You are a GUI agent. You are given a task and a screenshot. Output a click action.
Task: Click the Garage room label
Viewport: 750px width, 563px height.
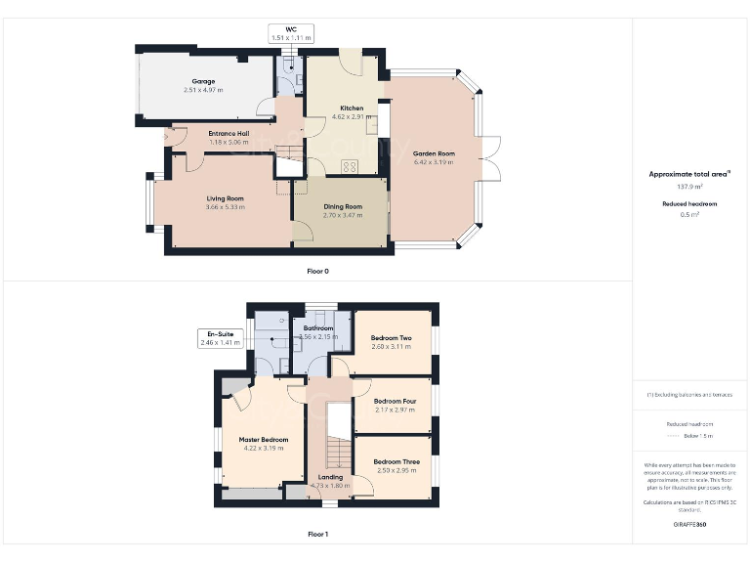[x=203, y=81]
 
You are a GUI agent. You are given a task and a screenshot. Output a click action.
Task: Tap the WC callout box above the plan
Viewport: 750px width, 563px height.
[x=290, y=33]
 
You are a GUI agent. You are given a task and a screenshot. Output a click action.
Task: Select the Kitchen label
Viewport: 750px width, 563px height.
[x=352, y=108]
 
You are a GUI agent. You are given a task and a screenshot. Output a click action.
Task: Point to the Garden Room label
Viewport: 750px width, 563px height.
[x=434, y=153]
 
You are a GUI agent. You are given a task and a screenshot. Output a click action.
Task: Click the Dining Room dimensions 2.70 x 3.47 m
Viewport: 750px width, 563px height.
[x=343, y=215]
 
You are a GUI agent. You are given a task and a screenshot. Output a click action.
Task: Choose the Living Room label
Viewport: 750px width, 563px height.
[x=225, y=198]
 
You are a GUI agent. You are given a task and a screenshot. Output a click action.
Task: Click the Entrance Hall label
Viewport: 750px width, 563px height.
[x=229, y=133]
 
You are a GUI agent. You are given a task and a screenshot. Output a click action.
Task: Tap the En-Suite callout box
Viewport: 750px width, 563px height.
[x=219, y=338]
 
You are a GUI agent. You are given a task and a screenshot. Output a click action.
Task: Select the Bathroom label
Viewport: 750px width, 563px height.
[x=318, y=328]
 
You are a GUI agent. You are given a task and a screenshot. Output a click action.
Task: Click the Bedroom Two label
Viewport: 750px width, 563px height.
[x=391, y=338]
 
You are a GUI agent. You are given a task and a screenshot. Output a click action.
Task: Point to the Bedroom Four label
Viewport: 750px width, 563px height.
[x=394, y=401]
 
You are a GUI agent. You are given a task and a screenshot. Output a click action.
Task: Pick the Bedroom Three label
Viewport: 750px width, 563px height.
[x=396, y=461]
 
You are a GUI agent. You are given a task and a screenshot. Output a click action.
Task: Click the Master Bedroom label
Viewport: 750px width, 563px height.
[x=264, y=440]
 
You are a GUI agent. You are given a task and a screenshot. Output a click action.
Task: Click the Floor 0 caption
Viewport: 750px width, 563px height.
[x=317, y=271]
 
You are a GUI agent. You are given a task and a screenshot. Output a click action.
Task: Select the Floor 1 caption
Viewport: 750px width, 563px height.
[x=317, y=535]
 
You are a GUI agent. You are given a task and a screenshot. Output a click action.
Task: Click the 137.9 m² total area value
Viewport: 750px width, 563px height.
[x=690, y=186]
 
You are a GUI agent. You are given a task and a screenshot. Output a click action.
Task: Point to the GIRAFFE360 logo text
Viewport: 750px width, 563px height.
[x=690, y=525]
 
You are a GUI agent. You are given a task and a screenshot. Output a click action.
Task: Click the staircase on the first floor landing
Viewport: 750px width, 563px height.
[x=338, y=453]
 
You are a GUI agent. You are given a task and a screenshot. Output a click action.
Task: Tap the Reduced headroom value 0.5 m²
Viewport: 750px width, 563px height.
[x=690, y=214]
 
